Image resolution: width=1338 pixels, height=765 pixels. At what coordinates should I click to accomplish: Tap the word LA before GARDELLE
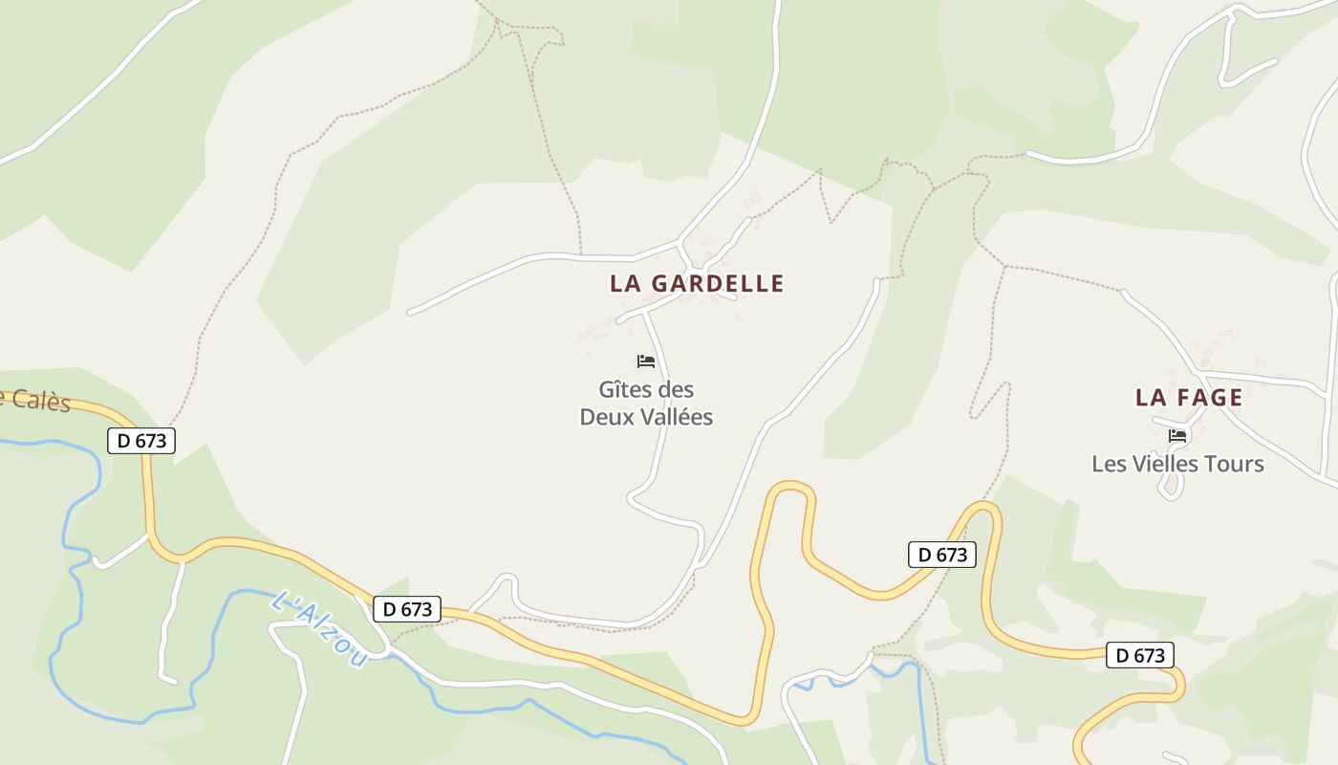pos(625,284)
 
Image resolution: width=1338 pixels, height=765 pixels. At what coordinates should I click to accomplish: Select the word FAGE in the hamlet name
pos(1209,398)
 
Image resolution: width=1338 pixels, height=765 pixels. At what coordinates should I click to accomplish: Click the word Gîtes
pos(626,390)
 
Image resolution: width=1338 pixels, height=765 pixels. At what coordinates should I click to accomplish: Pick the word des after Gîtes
pos(677,390)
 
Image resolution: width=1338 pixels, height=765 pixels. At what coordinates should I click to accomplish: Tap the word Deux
pos(605,418)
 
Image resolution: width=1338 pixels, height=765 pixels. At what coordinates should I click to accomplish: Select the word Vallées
pos(674,418)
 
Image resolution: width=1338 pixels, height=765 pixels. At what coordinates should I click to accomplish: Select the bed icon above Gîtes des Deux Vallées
pos(646,361)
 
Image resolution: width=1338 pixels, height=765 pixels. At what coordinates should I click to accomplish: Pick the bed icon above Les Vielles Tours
pos(1177,436)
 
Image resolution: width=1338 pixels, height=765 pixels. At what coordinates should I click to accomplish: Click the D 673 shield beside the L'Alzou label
pos(407,609)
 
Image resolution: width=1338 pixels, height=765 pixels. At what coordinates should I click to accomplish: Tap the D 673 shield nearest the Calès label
pos(141,441)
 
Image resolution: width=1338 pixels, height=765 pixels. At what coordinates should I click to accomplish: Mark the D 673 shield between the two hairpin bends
pos(941,555)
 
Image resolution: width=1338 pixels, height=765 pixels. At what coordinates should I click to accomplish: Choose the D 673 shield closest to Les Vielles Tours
pos(1139,655)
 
